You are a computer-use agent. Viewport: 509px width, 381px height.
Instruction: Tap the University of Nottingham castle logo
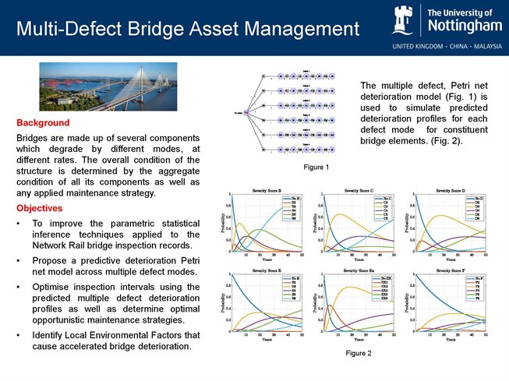(x=407, y=20)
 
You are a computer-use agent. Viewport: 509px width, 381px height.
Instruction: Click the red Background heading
(x=43, y=123)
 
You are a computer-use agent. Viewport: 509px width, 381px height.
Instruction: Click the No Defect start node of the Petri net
(x=246, y=113)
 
